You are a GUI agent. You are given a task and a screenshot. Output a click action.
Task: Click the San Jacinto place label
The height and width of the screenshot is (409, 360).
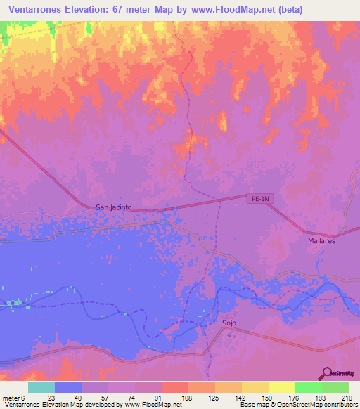click(113, 207)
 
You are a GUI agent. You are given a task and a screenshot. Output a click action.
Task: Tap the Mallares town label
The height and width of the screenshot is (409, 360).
click(321, 240)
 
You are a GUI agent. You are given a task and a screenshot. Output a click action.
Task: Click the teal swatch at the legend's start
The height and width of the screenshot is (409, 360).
click(41, 387)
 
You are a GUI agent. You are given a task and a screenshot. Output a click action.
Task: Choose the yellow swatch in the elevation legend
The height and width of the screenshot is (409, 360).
click(282, 387)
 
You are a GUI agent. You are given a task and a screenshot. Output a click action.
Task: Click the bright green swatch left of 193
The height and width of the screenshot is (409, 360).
click(309, 387)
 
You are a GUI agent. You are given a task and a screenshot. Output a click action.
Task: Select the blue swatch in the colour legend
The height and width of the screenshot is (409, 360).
click(68, 387)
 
